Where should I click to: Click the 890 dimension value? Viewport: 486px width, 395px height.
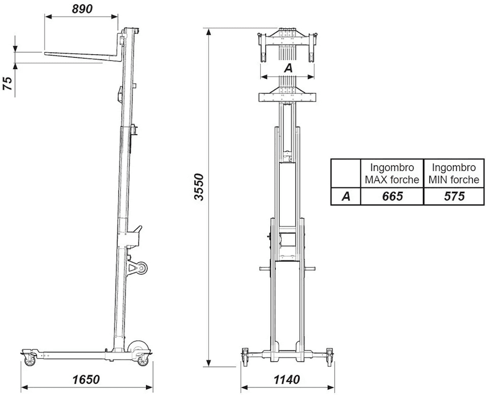click(x=82, y=9)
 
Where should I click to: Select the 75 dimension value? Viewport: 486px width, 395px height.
click(x=9, y=83)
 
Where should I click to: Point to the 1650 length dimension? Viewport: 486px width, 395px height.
click(x=86, y=379)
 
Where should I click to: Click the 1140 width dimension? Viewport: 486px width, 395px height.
click(x=286, y=379)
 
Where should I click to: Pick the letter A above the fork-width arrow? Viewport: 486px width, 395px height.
click(x=288, y=68)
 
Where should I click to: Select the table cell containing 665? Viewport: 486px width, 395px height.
click(x=392, y=196)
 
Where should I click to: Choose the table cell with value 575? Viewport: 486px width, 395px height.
click(x=454, y=196)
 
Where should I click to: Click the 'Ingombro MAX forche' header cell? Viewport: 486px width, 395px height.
click(x=392, y=173)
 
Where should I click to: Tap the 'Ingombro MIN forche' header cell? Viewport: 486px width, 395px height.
click(x=454, y=173)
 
